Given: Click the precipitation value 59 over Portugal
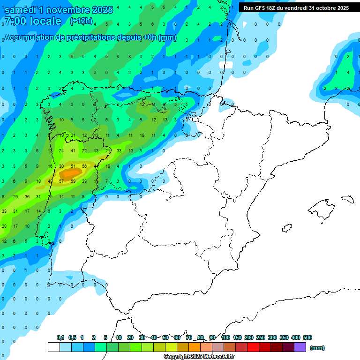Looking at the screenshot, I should coord(73,181).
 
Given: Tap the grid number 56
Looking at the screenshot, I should coord(84,166).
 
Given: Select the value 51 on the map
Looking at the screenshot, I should coord(73,166).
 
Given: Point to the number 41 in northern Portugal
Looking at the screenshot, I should coord(73,150).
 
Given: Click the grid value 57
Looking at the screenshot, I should coord(61,181).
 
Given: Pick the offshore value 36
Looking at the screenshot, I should coord(27,196).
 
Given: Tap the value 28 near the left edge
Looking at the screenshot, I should coord(4,226).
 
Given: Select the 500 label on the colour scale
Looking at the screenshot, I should coord(307,337).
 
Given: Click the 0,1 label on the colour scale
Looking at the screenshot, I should coord(60,337).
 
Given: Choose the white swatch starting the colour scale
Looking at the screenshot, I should coord(53,347).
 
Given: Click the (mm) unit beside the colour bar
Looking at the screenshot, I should coord(317,348).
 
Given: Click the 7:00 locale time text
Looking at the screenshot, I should coord(33,21).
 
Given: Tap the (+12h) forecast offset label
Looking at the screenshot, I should coord(81,21).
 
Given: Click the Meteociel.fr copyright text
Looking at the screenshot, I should coord(199,357).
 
